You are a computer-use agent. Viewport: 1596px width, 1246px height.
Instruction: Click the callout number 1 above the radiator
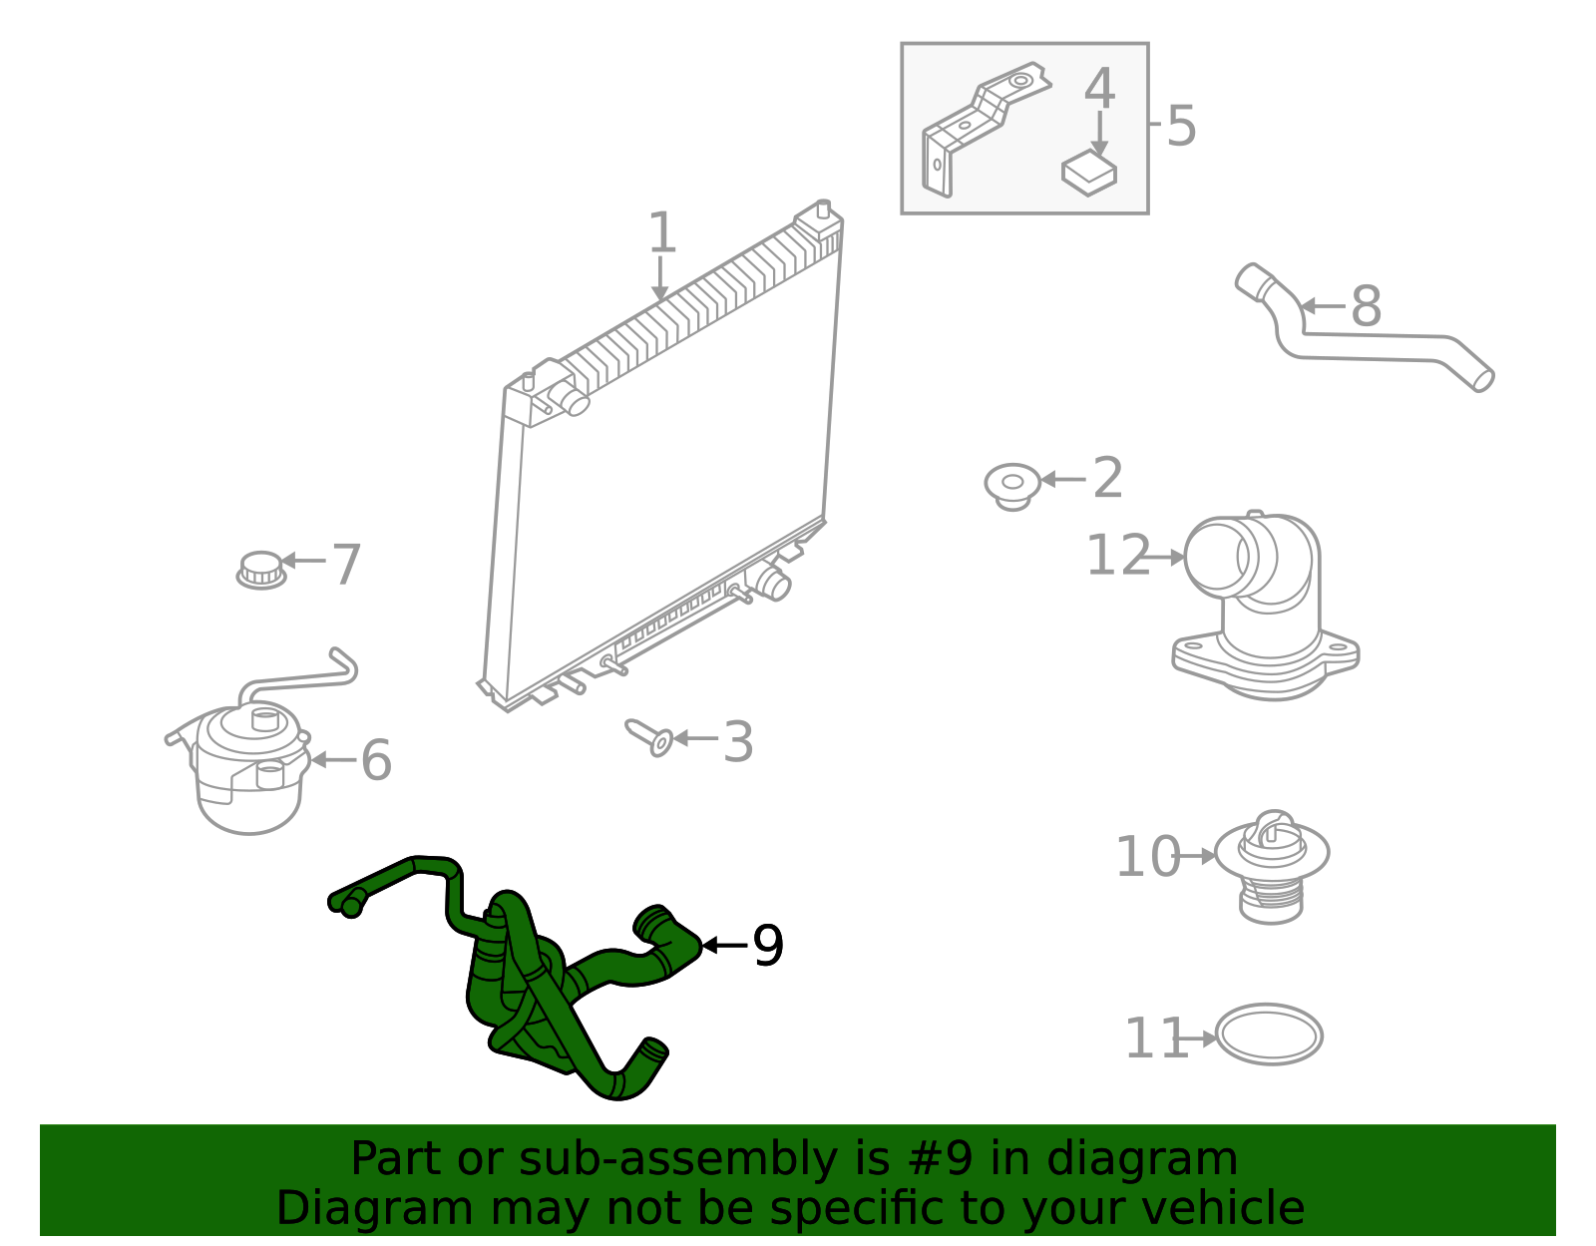662,232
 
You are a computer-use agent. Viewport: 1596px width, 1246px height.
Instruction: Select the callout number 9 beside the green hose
768,946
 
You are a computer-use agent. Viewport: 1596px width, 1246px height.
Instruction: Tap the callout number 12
1118,555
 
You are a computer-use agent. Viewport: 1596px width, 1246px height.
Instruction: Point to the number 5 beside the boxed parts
1181,126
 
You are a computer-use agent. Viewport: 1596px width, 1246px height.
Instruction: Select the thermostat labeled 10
1272,867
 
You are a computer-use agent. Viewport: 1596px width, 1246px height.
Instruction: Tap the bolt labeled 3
650,738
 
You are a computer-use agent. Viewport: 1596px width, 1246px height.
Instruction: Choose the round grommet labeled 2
1012,486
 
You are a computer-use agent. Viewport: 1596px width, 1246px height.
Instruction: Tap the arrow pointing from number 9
725,946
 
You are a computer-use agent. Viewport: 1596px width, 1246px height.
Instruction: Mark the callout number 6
377,761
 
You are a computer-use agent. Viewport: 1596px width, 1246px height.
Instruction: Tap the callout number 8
1367,306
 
